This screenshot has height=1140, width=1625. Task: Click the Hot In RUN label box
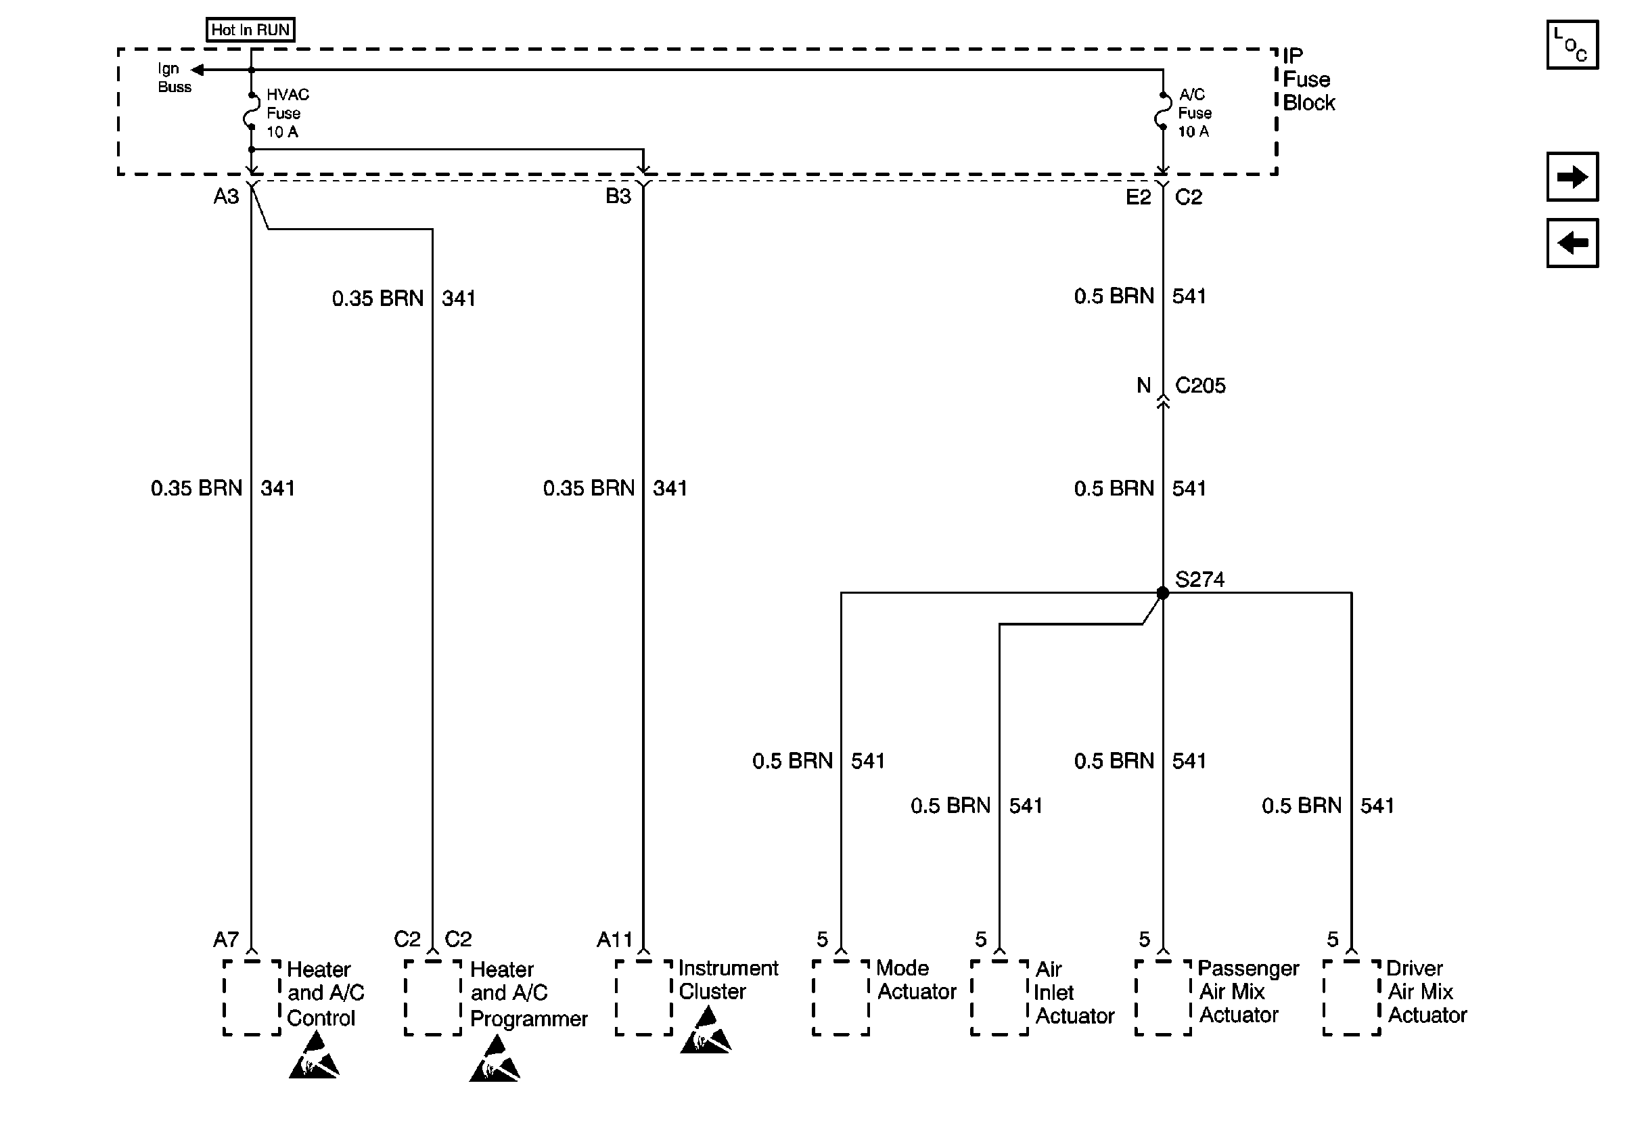point(250,30)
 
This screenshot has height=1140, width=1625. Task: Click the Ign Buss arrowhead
point(198,70)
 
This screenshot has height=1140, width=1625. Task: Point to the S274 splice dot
point(1162,592)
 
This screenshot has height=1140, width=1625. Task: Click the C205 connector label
point(1199,385)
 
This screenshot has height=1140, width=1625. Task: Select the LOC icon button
point(1572,45)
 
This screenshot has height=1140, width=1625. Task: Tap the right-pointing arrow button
point(1572,176)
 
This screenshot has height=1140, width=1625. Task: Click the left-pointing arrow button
point(1572,243)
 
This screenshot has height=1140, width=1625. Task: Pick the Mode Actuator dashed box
point(840,997)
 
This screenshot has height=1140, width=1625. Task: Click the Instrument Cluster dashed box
point(643,997)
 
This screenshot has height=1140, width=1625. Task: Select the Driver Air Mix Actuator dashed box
point(1351,997)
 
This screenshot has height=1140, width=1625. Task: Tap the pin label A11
point(614,940)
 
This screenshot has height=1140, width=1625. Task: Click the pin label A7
point(226,940)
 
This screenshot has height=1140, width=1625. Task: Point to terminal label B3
point(618,196)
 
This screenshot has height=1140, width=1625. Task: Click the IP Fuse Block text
point(1308,79)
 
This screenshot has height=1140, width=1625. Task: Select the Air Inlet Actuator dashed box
point(999,997)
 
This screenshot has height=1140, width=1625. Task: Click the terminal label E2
point(1138,197)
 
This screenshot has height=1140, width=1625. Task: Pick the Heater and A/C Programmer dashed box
point(432,997)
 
